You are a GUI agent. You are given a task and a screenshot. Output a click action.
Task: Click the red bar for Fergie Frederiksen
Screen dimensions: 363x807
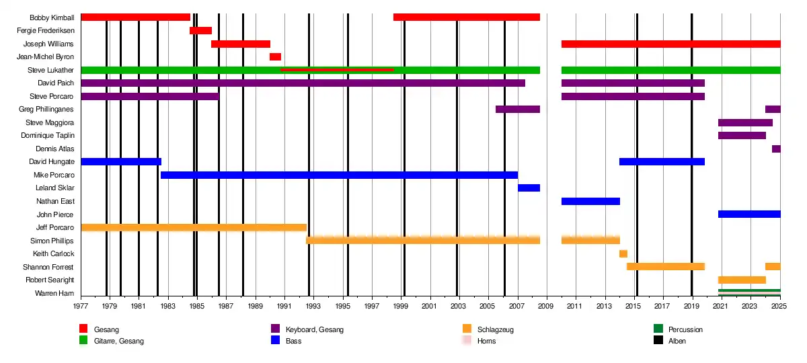coord(200,30)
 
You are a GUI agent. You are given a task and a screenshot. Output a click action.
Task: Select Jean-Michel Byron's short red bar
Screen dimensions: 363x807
coord(275,57)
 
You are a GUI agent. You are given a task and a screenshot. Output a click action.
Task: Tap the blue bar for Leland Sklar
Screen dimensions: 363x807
coord(529,188)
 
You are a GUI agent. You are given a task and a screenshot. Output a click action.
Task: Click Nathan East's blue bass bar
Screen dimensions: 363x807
coord(590,201)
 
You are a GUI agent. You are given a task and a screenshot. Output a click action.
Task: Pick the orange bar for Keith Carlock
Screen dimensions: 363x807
coord(623,253)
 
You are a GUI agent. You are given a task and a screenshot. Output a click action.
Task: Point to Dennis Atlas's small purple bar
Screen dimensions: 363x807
coord(776,149)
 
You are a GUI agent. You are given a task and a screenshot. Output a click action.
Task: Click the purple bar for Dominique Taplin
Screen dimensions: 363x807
coord(742,136)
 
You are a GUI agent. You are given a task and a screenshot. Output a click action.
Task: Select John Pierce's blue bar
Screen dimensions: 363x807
coord(749,214)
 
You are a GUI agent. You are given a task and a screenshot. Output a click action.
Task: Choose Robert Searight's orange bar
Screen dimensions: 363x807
coord(742,280)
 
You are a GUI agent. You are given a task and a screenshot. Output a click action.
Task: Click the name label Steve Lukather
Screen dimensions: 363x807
coord(50,70)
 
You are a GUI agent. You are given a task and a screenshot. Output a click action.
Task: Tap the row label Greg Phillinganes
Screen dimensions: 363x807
coord(46,109)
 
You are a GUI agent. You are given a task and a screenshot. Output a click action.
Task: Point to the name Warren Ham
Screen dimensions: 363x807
coord(54,293)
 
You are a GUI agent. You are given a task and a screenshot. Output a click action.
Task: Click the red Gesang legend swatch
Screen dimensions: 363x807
coord(83,329)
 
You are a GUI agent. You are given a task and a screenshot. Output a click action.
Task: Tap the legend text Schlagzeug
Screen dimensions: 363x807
coord(495,330)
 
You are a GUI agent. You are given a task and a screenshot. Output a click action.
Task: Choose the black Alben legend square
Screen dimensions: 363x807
coord(658,340)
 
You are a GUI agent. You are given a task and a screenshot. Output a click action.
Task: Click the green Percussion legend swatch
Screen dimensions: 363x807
coord(658,329)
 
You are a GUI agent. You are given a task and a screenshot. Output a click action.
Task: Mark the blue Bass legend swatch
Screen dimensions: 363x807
coord(275,340)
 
